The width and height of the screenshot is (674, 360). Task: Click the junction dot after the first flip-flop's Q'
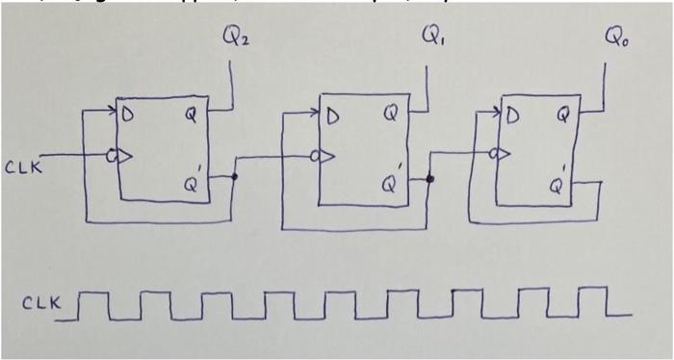coord(234,177)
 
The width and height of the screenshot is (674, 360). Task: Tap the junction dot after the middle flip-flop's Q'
coord(430,179)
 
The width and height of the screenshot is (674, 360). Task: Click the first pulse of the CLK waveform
coord(88,302)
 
